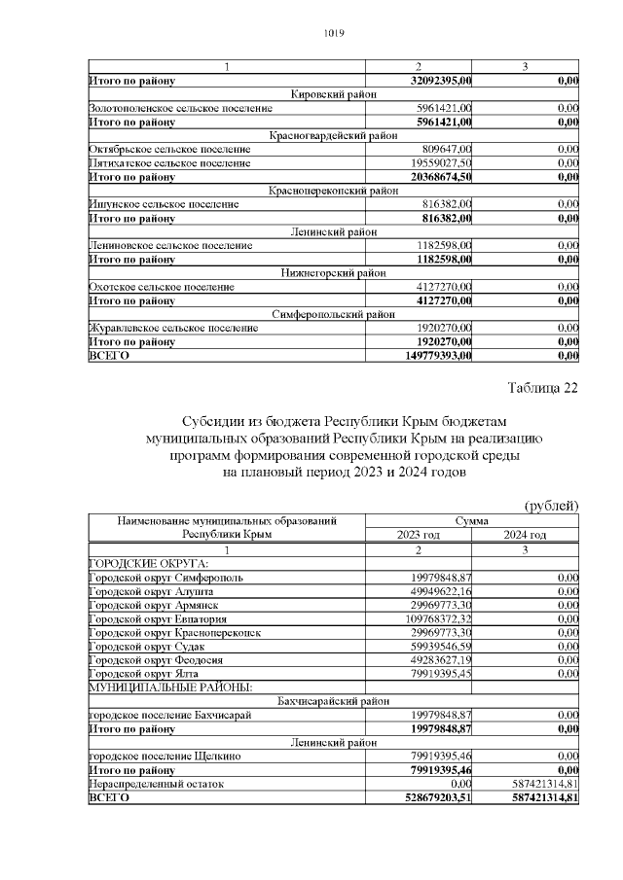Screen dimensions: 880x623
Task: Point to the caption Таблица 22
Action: pos(542,389)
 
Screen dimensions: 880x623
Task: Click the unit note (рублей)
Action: pos(552,506)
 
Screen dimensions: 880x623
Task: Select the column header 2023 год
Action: pos(419,535)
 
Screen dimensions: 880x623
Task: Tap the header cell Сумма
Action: pos(472,521)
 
